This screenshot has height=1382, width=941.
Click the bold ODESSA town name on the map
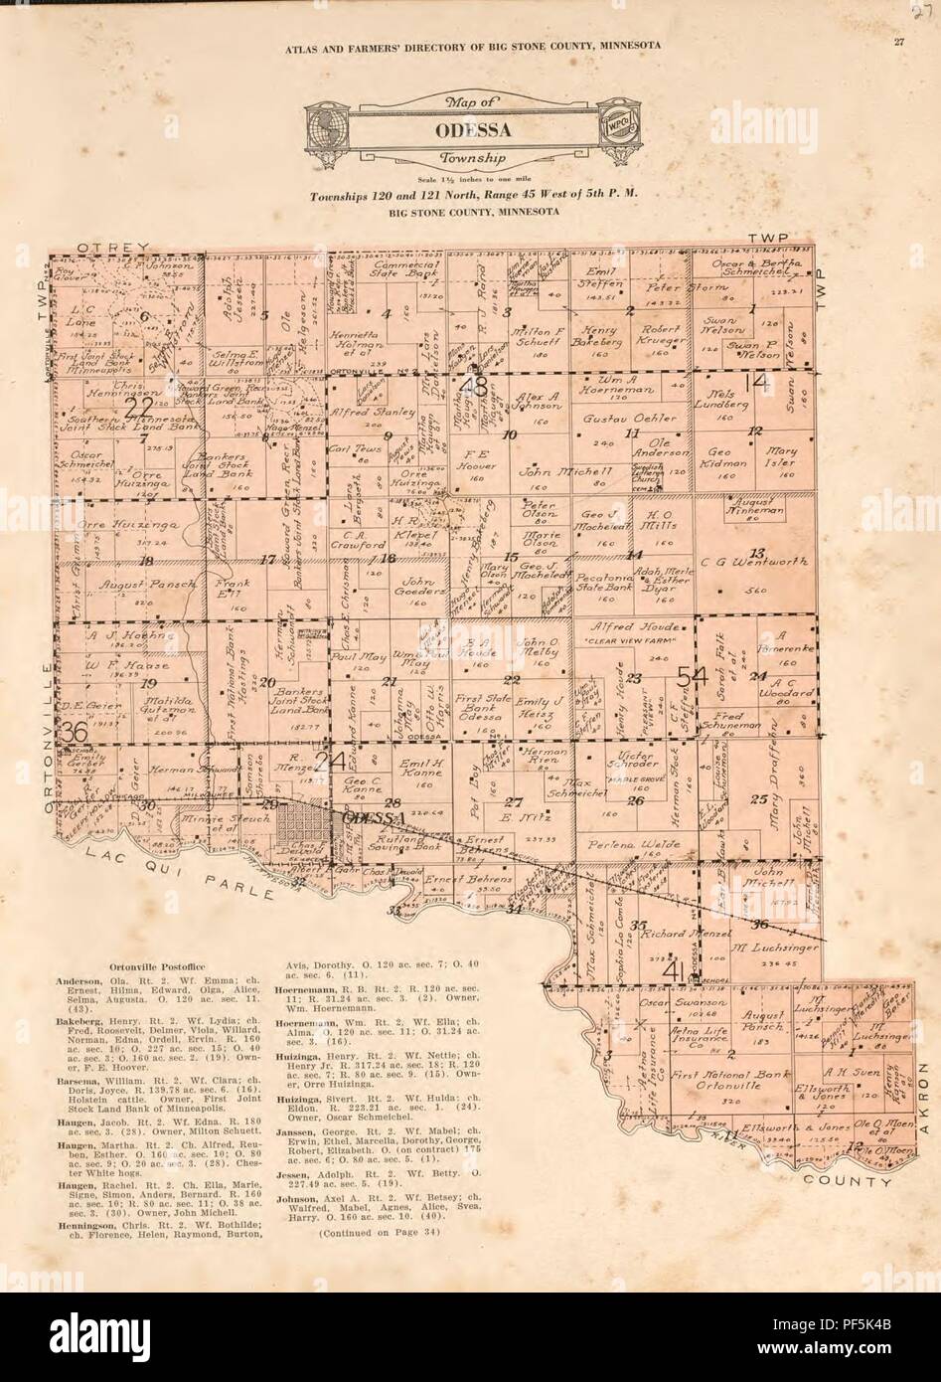pyautogui.click(x=370, y=817)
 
